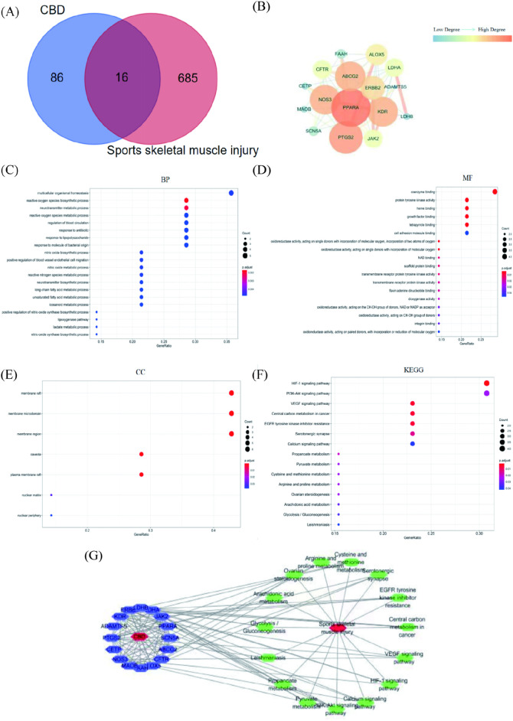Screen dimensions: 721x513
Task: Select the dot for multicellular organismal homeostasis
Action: click(x=230, y=192)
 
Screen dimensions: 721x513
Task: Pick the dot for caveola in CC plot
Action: click(x=141, y=454)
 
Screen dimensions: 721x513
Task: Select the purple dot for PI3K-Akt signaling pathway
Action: click(x=486, y=393)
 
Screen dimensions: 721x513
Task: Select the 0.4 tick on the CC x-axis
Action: click(x=214, y=530)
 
